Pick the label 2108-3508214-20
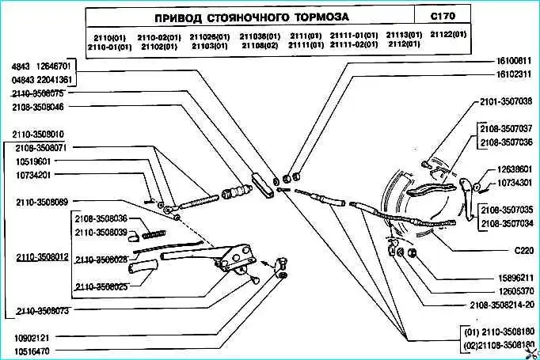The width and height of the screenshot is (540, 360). (501, 305)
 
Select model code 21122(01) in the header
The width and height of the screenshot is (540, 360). (448, 36)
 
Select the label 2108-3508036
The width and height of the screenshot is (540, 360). (101, 218)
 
